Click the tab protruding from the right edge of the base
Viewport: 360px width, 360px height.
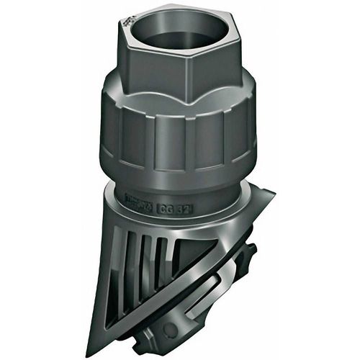(x=252, y=252)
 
